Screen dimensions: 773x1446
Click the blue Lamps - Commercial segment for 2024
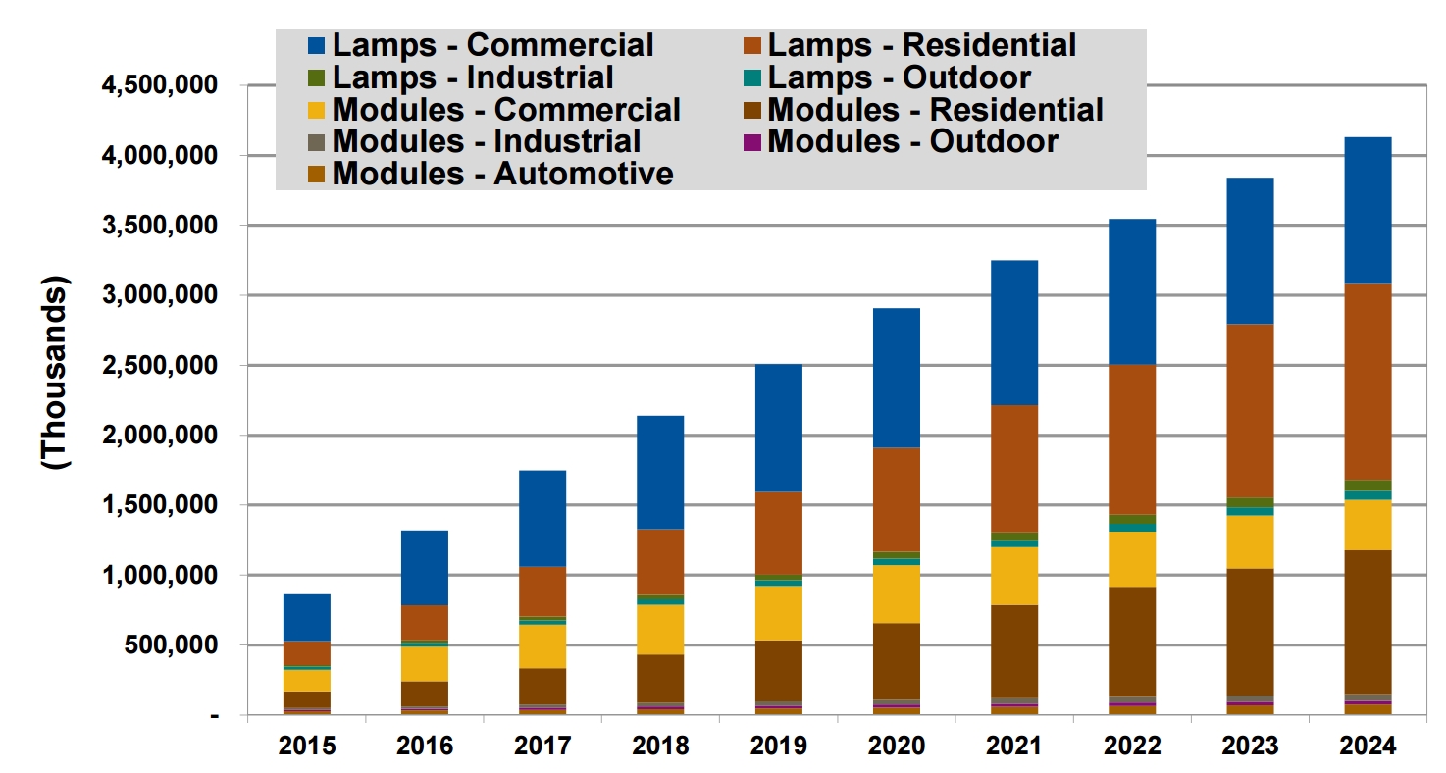click(x=1368, y=210)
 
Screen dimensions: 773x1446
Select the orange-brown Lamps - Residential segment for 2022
click(x=1131, y=438)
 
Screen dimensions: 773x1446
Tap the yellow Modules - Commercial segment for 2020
click(x=896, y=593)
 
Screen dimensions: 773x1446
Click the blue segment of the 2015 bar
click(x=306, y=617)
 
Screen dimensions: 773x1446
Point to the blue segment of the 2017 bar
click(x=542, y=518)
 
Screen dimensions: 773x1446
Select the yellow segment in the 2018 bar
click(x=660, y=629)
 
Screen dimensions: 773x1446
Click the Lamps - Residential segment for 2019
click(x=778, y=533)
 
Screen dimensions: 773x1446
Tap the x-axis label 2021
click(x=1013, y=747)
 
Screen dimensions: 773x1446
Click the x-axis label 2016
click(x=425, y=747)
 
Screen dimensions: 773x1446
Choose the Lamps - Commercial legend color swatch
click(x=316, y=45)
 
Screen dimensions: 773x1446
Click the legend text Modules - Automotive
click(x=503, y=174)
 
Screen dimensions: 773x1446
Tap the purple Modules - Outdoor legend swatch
click(x=751, y=141)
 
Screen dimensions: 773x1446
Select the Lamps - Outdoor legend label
click(x=899, y=77)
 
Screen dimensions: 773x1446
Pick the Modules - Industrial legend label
click(x=487, y=141)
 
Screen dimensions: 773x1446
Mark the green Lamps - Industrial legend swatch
click(x=316, y=77)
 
